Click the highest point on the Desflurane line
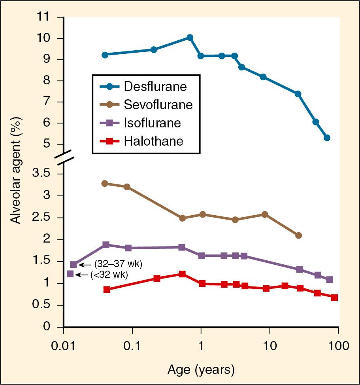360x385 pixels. pos(190,38)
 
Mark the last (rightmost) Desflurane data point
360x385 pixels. pos(327,138)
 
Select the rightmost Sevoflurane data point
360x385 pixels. pos(298,235)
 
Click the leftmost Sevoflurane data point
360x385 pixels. pos(105,183)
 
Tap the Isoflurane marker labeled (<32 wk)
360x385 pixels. pos(70,274)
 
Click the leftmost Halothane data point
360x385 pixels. pos(106,290)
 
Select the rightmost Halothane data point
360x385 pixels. pos(334,297)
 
